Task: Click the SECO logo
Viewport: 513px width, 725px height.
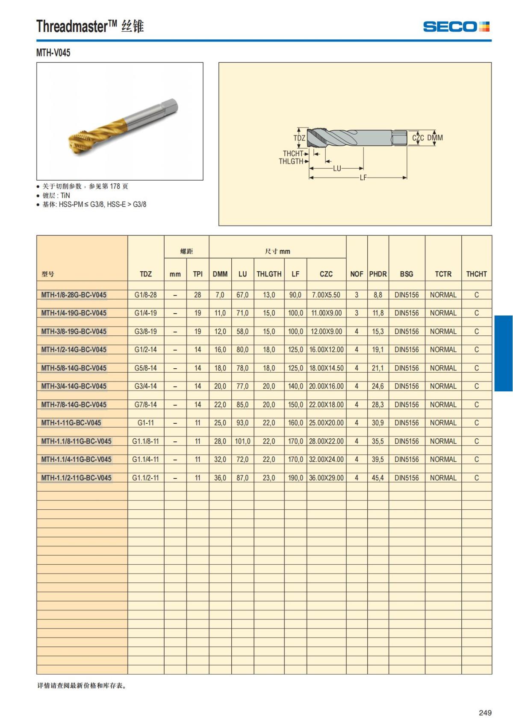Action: pyautogui.click(x=456, y=27)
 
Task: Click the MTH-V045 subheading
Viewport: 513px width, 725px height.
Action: pyautogui.click(x=53, y=53)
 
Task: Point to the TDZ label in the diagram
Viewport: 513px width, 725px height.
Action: pyautogui.click(x=299, y=138)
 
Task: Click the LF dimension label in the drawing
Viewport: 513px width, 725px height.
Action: pyautogui.click(x=363, y=178)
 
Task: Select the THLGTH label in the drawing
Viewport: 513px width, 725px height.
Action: pyautogui.click(x=291, y=161)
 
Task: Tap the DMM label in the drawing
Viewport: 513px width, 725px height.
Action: pyautogui.click(x=435, y=138)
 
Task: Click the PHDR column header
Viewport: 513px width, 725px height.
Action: pyautogui.click(x=378, y=274)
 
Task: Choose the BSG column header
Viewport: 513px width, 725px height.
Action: pyautogui.click(x=407, y=274)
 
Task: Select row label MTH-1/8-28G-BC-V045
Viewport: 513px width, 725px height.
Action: pyautogui.click(x=74, y=295)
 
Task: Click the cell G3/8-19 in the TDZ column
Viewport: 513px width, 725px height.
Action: pyautogui.click(x=145, y=332)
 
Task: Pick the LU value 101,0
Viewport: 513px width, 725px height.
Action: pyautogui.click(x=242, y=441)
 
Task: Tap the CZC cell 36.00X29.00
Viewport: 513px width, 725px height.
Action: pyautogui.click(x=326, y=478)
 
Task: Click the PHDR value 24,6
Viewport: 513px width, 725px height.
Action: pyautogui.click(x=378, y=386)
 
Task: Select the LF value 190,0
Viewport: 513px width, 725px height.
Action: pyautogui.click(x=295, y=478)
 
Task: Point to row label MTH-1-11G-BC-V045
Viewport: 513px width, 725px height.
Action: pyautogui.click(x=71, y=423)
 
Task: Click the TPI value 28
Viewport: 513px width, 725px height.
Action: pyautogui.click(x=198, y=295)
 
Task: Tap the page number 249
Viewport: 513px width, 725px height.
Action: pyautogui.click(x=485, y=713)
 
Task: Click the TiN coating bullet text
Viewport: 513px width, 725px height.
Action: pyautogui.click(x=56, y=195)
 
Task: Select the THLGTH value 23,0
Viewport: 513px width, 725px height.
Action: pyautogui.click(x=269, y=478)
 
